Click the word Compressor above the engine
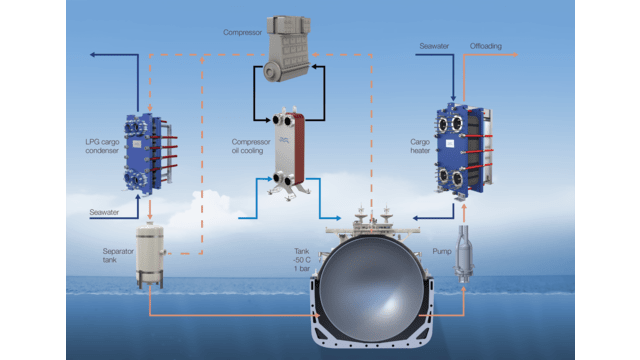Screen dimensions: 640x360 [x=243, y=32]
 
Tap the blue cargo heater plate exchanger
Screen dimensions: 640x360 [x=461, y=150]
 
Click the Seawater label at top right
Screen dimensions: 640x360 [x=434, y=47]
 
